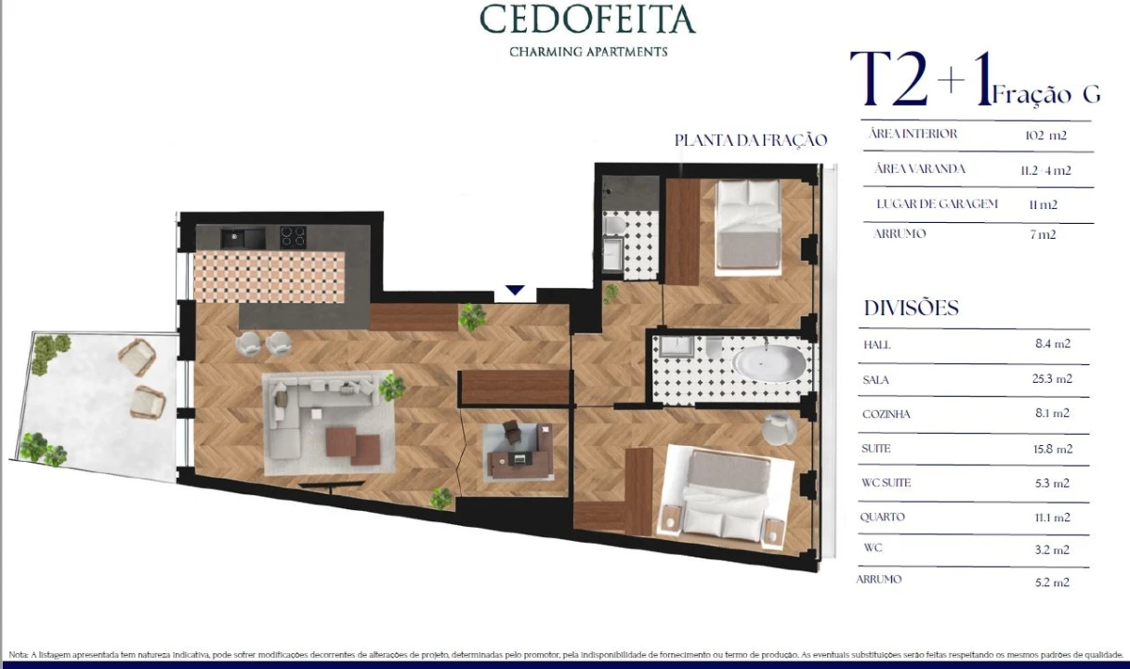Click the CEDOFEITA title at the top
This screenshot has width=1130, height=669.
pyautogui.click(x=587, y=20)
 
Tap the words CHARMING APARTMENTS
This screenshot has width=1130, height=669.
pyautogui.click(x=588, y=52)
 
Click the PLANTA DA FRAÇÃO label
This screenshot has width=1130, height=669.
pyautogui.click(x=750, y=140)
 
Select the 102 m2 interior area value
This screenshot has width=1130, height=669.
pyautogui.click(x=1045, y=135)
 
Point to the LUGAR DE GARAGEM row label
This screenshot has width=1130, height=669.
pyautogui.click(x=937, y=203)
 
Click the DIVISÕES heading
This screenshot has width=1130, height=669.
pyautogui.click(x=911, y=308)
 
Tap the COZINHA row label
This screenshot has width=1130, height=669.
pyautogui.click(x=887, y=414)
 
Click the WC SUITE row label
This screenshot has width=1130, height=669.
pyautogui.click(x=887, y=483)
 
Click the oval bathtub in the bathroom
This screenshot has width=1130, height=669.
pyautogui.click(x=769, y=363)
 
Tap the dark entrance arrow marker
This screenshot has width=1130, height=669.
pyautogui.click(x=515, y=291)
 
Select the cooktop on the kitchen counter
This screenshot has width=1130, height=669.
pyautogui.click(x=294, y=237)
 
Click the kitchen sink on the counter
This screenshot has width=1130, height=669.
pyautogui.click(x=243, y=237)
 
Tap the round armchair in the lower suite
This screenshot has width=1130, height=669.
pyautogui.click(x=779, y=428)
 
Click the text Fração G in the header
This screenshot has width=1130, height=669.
pyautogui.click(x=1046, y=95)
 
